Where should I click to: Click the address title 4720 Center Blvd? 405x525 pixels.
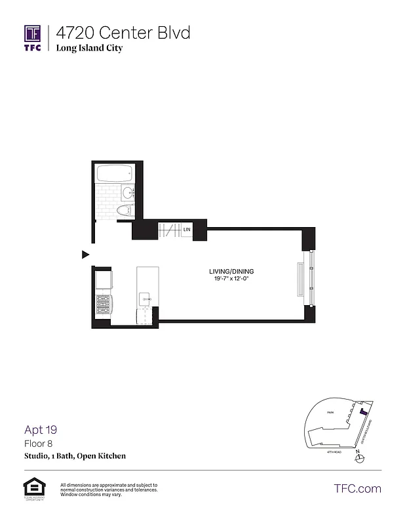click(123, 32)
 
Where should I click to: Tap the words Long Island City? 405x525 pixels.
click(89, 48)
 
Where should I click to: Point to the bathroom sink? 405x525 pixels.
click(128, 193)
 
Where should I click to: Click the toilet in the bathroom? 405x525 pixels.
click(123, 211)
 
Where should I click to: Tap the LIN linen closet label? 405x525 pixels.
click(187, 230)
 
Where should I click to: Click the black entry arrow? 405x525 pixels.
click(85, 254)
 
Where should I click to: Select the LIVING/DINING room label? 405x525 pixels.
click(231, 272)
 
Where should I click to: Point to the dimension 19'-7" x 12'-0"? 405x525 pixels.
click(231, 280)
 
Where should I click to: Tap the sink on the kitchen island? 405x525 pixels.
click(145, 300)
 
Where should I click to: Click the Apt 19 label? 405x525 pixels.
click(41, 430)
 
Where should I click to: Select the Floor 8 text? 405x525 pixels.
click(38, 444)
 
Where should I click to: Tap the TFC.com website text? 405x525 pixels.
click(357, 488)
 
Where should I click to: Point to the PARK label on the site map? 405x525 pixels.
click(331, 413)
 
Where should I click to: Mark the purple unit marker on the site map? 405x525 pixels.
click(362, 412)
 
